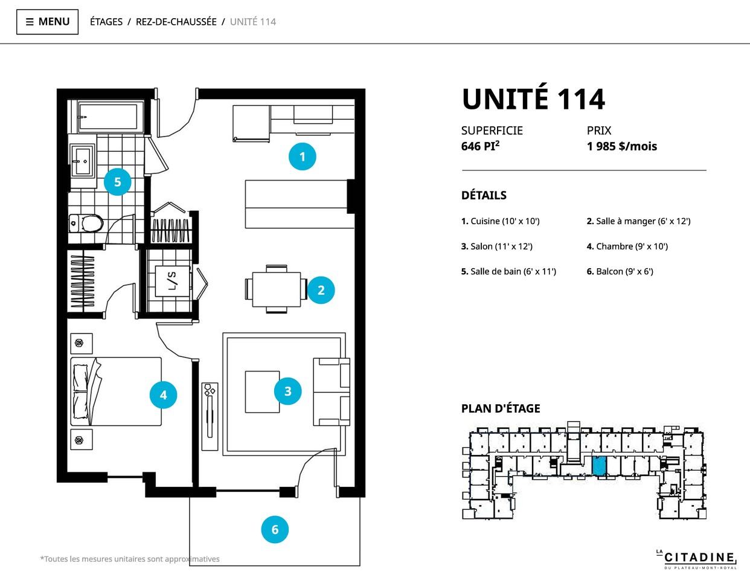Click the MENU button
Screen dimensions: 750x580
47,22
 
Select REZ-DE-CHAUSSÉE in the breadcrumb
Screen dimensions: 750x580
176,22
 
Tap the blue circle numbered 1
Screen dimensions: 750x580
303,156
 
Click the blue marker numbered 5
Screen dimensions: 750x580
118,182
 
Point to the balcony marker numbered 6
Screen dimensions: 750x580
275,529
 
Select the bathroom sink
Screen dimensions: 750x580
82,161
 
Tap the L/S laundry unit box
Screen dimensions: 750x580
172,281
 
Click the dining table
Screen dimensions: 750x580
276,289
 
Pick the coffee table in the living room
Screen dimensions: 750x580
262,392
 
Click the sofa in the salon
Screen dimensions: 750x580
332,392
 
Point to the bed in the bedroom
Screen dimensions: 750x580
116,391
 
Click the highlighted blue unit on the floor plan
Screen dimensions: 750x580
600,466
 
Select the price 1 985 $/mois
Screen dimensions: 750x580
622,146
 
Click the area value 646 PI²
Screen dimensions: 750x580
480,146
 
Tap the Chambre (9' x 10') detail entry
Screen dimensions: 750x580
627,246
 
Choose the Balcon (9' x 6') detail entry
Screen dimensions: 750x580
620,271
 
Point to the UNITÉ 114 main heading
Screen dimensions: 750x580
533,99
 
